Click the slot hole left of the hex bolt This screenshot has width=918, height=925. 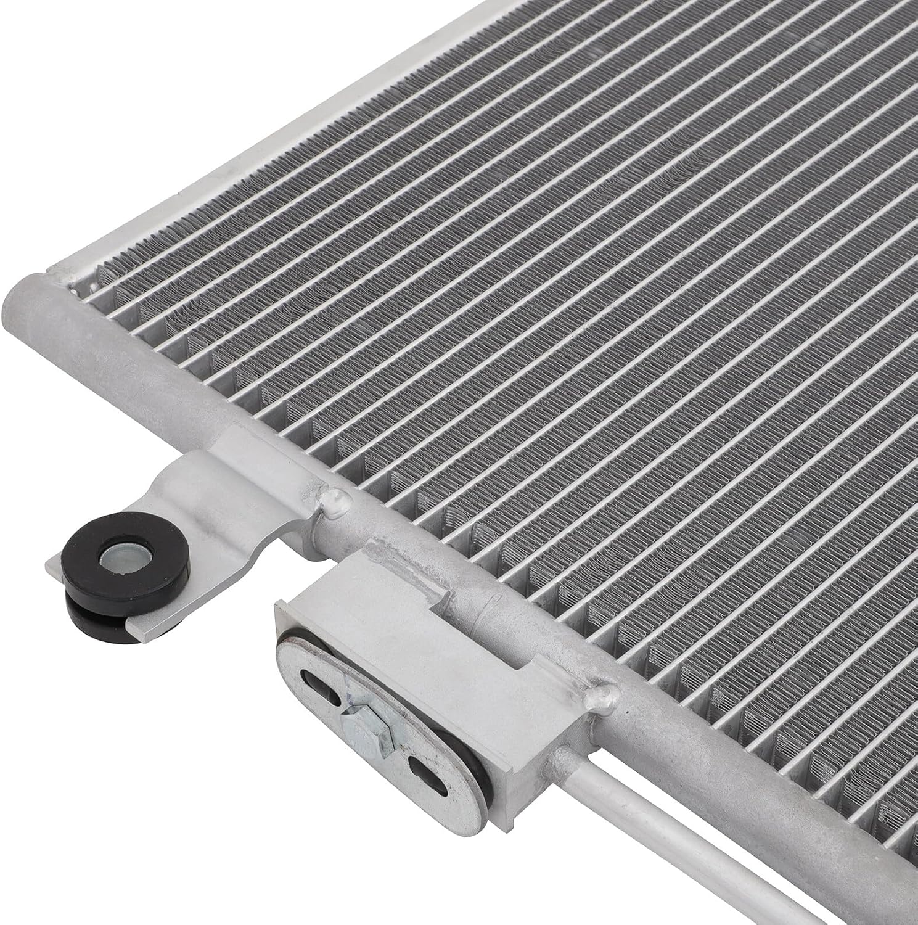(320, 694)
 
